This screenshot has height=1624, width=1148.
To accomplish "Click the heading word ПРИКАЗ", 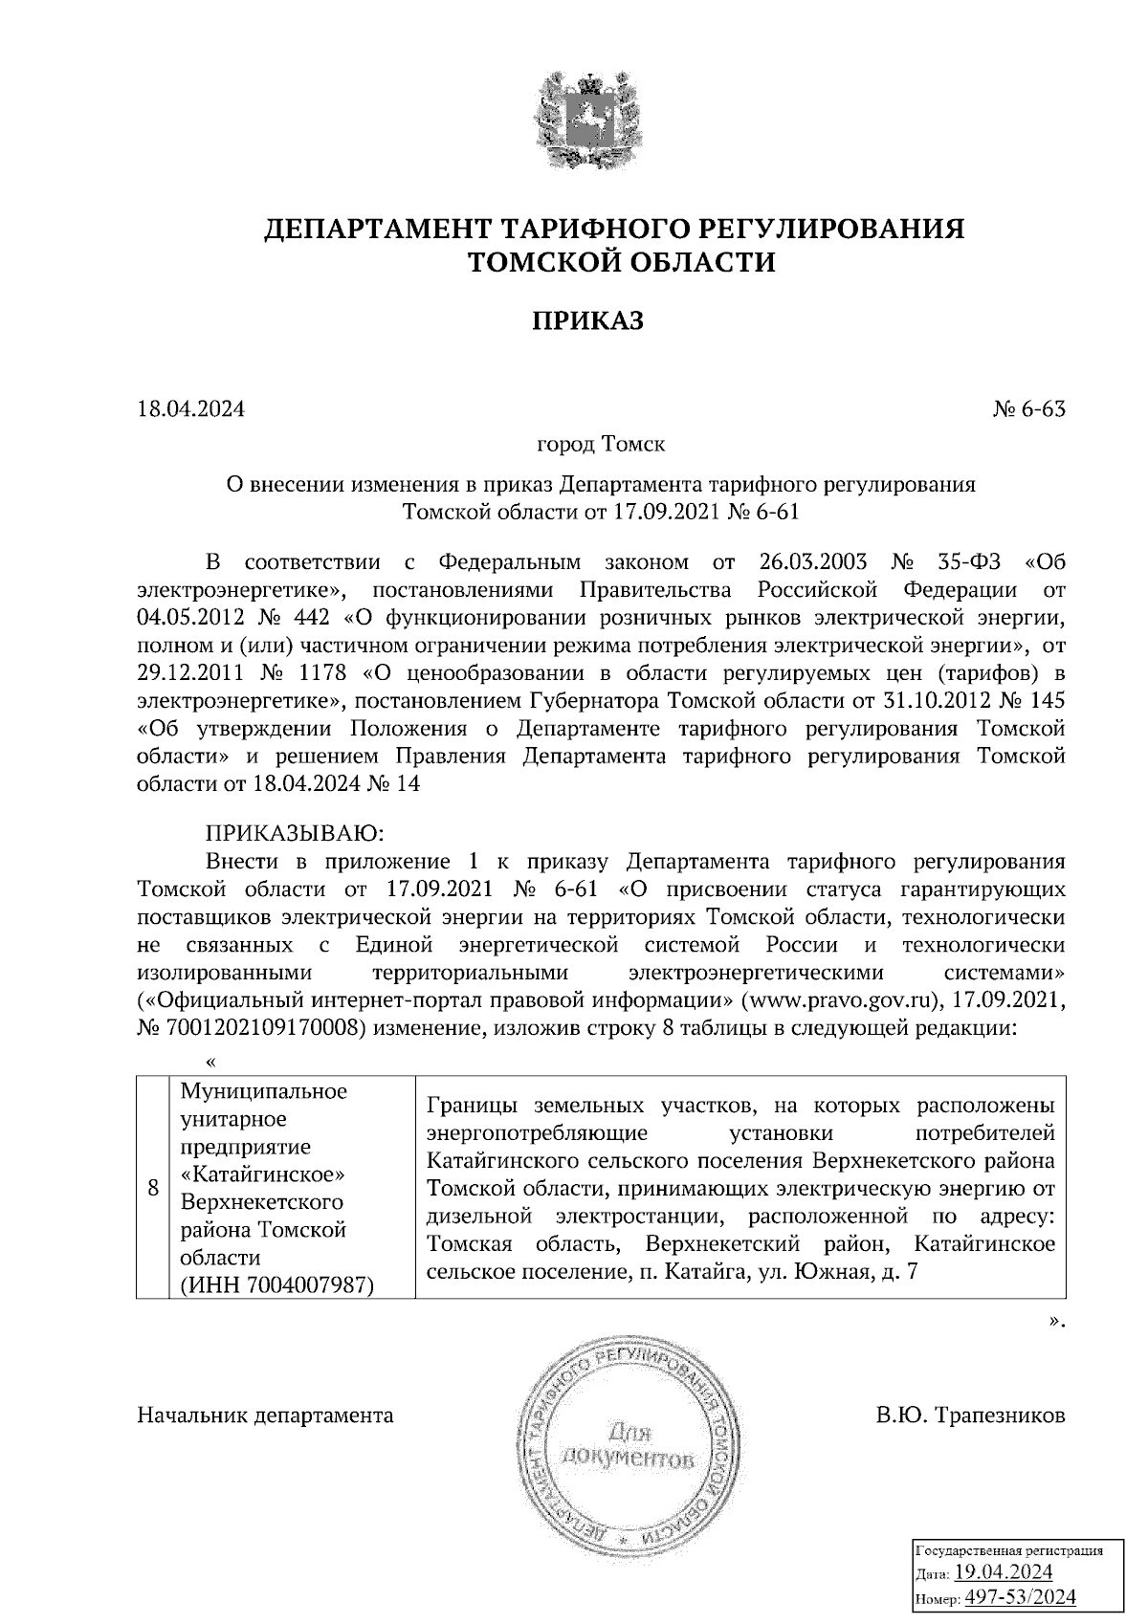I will tap(586, 321).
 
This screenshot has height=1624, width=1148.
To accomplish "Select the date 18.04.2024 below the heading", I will tap(191, 409).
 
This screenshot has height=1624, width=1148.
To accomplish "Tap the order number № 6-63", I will tap(1028, 409).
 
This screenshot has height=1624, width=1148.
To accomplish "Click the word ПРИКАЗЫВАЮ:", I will tap(294, 829).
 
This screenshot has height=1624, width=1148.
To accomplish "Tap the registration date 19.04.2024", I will tap(1004, 1572).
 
